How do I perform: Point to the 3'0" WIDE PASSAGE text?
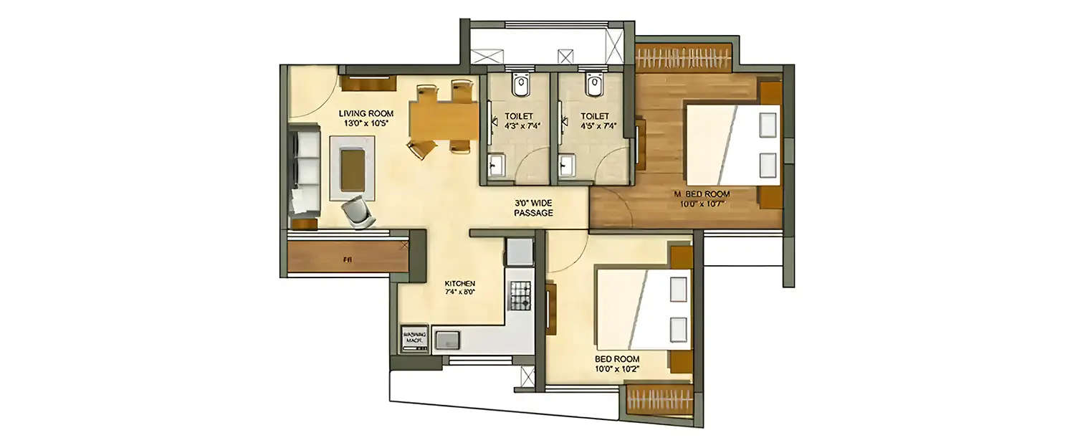tap(533, 208)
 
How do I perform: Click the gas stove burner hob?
tap(520, 295)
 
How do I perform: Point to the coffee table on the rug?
tap(352, 168)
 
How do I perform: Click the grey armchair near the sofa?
tap(358, 211)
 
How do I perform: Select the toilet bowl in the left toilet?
tap(520, 85)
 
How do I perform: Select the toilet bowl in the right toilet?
tap(593, 85)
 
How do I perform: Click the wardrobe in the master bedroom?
tap(682, 57)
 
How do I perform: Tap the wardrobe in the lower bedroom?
tap(659, 399)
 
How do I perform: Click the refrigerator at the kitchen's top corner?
tap(519, 252)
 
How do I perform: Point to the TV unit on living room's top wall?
tap(368, 83)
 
